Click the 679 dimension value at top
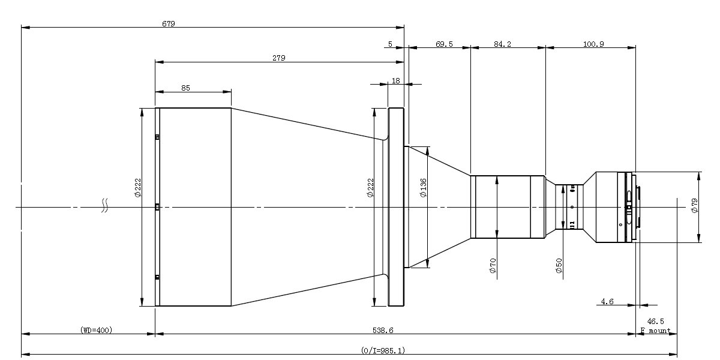(169, 23)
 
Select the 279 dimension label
(279, 58)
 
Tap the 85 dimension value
(185, 88)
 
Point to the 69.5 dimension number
(444, 44)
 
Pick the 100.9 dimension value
(593, 44)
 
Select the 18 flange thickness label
(395, 80)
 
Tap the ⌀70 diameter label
(493, 266)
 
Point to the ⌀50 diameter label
(559, 266)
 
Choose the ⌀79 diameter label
(695, 206)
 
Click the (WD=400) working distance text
(96, 330)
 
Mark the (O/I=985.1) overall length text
(383, 350)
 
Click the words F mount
(655, 331)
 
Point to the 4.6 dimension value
(607, 302)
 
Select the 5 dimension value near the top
(390, 44)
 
